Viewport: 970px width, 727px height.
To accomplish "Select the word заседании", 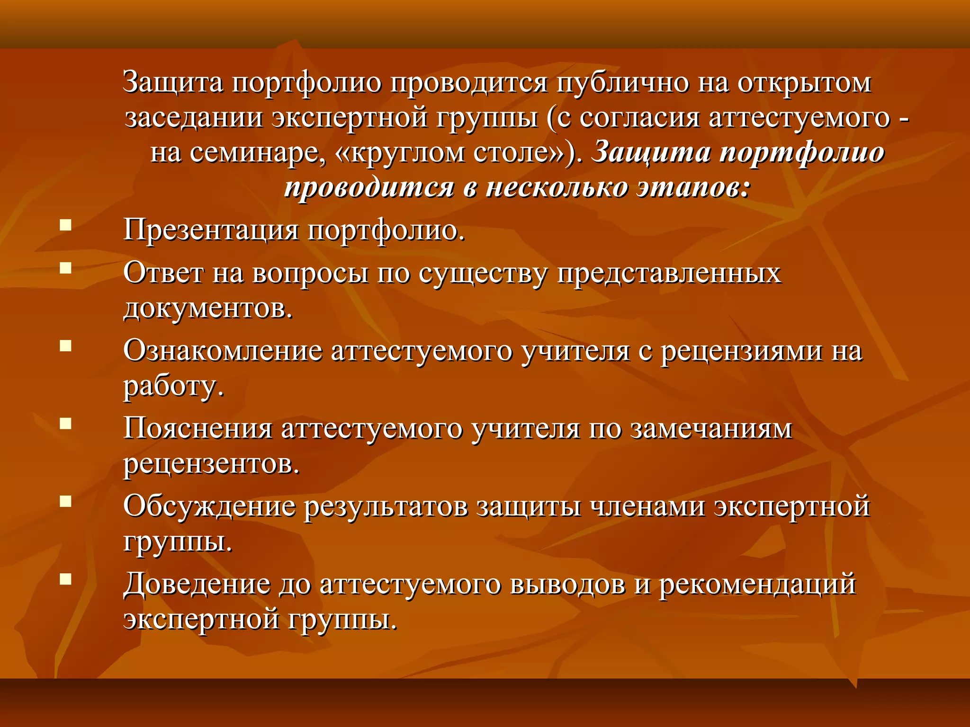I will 194,118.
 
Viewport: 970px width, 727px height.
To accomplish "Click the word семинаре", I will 259,153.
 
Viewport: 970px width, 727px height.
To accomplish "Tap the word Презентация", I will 211,231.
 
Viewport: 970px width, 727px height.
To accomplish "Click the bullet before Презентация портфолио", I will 65,224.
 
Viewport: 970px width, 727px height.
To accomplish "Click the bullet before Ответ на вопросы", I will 65,268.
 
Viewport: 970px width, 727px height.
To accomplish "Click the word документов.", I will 208,309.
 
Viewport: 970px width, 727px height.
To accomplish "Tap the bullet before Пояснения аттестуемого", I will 65,423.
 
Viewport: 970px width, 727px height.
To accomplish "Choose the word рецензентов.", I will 211,464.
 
